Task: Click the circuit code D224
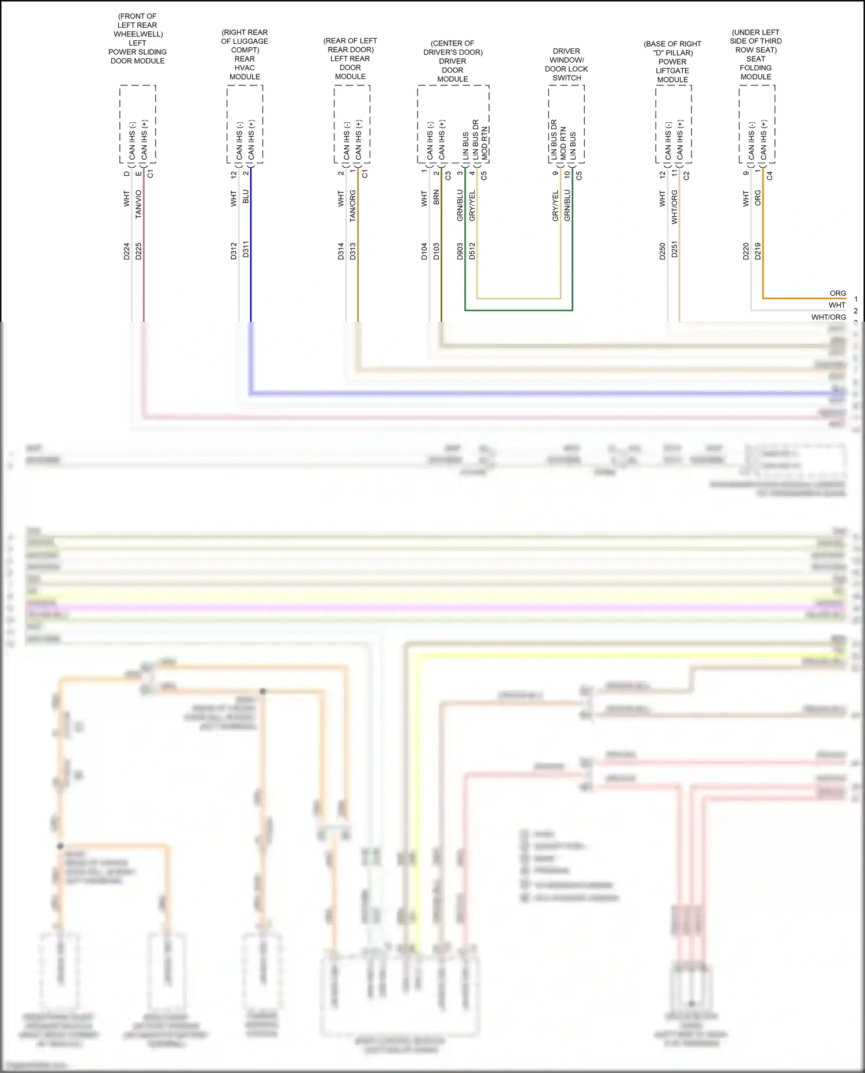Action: (x=126, y=251)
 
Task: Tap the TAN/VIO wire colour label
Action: (x=138, y=204)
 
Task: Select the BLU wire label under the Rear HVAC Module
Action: (x=246, y=196)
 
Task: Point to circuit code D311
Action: (x=246, y=250)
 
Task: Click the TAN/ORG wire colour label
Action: (x=352, y=206)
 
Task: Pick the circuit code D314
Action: (x=341, y=251)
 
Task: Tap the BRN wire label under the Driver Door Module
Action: (x=437, y=197)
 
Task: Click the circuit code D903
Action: (x=460, y=251)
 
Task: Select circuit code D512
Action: (x=472, y=251)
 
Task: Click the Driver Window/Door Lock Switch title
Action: (x=566, y=65)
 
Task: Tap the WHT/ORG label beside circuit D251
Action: (x=674, y=207)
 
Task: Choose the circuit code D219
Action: (x=758, y=251)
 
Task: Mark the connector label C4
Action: (x=769, y=175)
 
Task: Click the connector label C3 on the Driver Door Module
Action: (x=448, y=175)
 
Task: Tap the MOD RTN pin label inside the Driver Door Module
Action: (x=485, y=143)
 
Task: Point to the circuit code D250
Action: (x=663, y=251)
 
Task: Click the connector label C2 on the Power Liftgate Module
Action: (x=686, y=175)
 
